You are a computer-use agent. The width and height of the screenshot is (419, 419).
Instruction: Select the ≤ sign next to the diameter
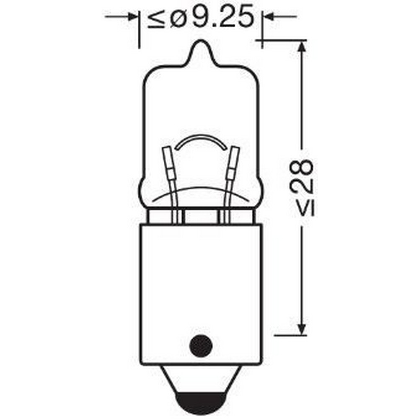point(156,19)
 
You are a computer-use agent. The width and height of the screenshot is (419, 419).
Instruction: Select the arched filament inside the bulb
point(201,140)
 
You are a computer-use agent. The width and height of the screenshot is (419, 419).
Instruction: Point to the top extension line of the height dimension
point(281,41)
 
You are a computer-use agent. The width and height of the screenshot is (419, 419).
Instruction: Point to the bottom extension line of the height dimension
point(289,335)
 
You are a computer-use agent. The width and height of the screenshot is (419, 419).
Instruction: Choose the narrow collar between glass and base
point(201,217)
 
